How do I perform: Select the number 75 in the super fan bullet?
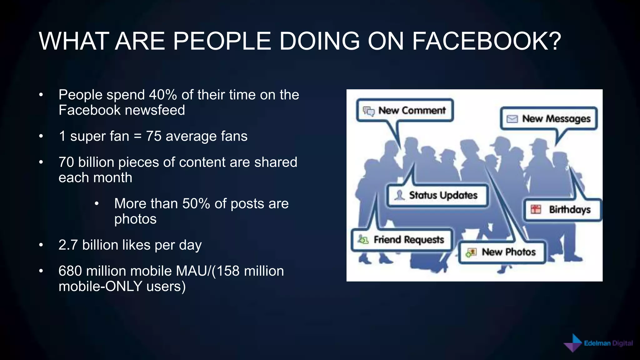click(153, 136)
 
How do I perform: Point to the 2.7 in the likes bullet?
click(68, 245)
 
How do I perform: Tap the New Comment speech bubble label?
click(412, 110)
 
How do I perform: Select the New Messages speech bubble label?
click(556, 119)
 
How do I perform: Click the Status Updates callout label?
click(443, 195)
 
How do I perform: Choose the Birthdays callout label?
click(570, 209)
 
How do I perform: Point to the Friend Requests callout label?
click(409, 240)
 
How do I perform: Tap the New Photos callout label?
click(508, 252)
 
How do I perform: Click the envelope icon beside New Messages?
click(512, 119)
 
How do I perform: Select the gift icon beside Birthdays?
click(536, 209)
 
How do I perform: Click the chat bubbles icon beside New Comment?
click(368, 111)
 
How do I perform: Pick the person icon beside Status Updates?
click(399, 195)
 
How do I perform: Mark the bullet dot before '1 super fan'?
click(41, 136)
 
